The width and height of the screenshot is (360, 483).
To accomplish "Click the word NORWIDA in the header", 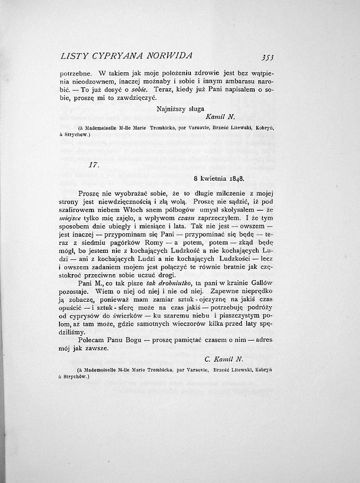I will pyautogui.click(x=166, y=55).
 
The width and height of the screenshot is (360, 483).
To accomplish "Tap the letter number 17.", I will pyautogui.click(x=94, y=165).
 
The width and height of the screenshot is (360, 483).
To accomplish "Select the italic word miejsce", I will pyautogui.click(x=71, y=217).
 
